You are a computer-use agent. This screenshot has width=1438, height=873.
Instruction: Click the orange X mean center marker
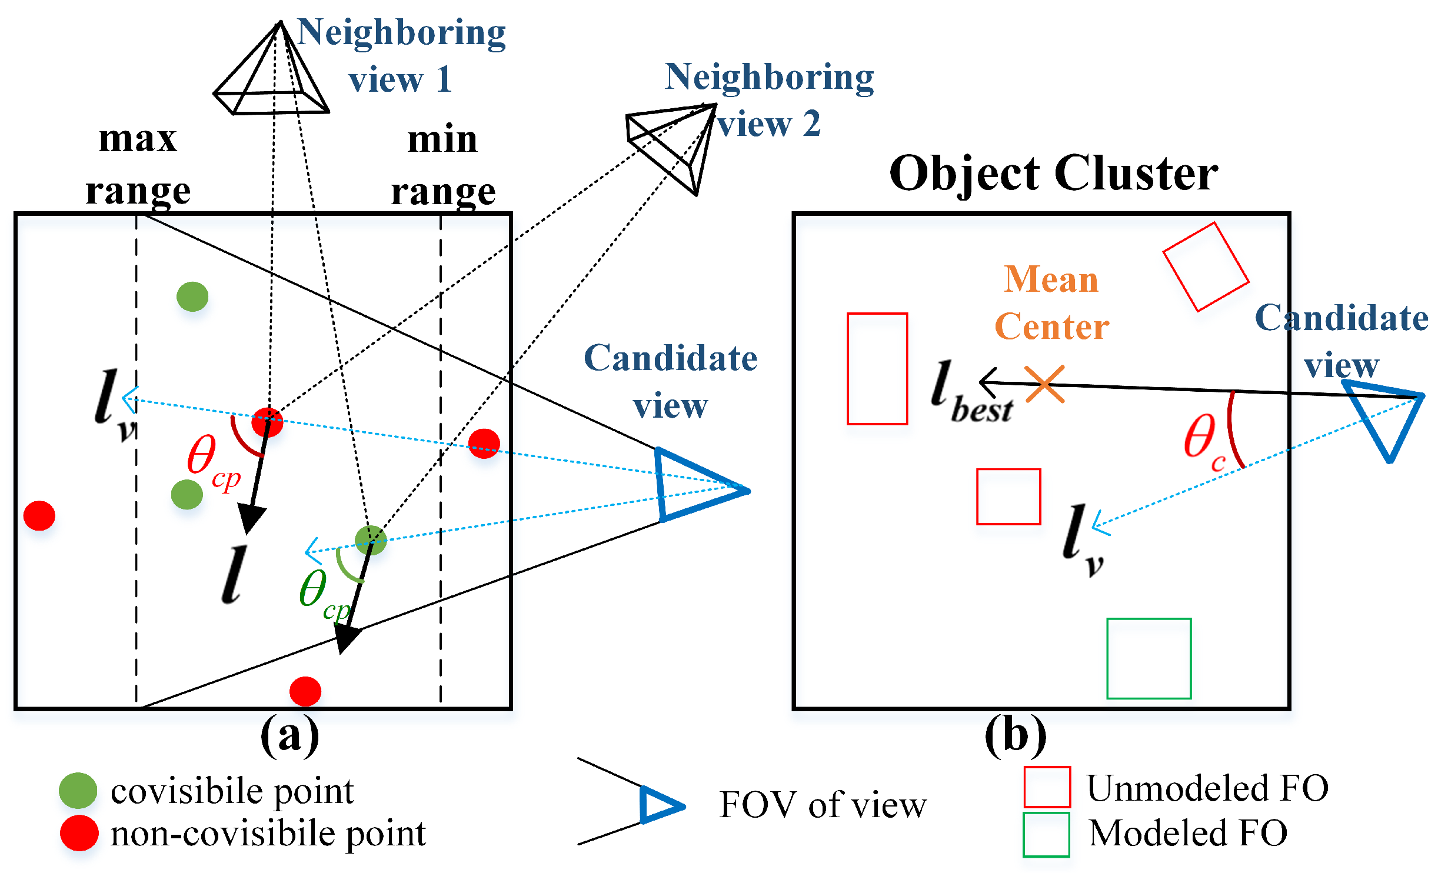click(1044, 384)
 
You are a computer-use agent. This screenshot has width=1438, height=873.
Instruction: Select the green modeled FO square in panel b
click(1149, 658)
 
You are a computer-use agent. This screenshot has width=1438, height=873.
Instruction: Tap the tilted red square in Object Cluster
click(1206, 266)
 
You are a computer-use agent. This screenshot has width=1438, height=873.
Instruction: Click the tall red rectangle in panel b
click(877, 368)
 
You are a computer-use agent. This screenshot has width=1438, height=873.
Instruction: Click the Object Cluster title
click(1053, 174)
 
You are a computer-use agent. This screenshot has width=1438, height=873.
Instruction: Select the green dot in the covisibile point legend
click(78, 790)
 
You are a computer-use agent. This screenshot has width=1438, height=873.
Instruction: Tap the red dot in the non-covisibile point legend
click(79, 832)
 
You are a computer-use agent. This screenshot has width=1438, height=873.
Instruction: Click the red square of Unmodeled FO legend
click(1047, 787)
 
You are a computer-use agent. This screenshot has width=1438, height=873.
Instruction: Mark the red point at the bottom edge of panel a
click(305, 691)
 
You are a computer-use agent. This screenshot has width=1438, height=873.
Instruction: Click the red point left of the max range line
click(39, 515)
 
